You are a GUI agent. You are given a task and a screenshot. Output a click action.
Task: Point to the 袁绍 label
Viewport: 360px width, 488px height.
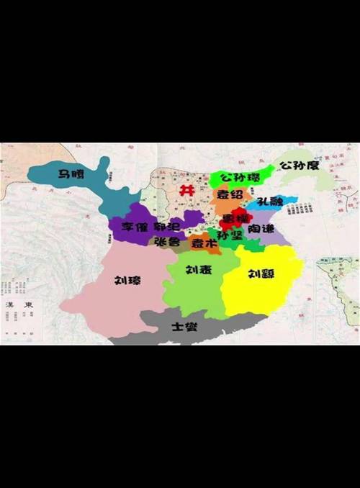(x=230, y=194)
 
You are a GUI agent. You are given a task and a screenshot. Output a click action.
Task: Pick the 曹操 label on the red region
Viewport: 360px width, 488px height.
(x=235, y=217)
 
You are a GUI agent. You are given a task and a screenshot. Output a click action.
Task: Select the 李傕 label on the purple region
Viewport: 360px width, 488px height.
(x=135, y=226)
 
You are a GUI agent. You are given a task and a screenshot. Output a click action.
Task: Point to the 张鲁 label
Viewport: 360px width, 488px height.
(x=167, y=242)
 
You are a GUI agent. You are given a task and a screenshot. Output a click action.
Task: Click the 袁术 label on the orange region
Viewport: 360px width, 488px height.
(x=203, y=244)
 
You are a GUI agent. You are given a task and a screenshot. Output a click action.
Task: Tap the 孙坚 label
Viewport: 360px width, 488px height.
(x=230, y=235)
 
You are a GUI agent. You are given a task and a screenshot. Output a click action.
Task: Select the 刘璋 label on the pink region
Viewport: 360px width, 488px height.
(x=127, y=281)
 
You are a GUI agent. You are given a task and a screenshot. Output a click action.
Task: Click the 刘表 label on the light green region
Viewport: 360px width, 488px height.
(x=198, y=270)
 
